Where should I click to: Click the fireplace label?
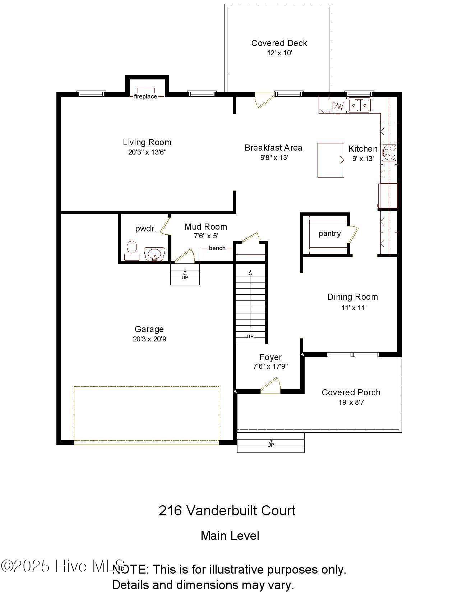click(x=145, y=96)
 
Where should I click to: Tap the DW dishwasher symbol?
click(x=338, y=106)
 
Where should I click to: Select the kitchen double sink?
click(x=359, y=105)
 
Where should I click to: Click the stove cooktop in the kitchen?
click(x=389, y=152)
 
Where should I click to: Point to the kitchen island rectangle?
click(x=330, y=160)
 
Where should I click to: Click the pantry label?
click(x=329, y=234)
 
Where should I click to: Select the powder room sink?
click(x=154, y=253)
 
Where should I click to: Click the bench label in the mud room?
click(x=217, y=248)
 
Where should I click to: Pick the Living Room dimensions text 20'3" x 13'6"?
click(x=147, y=152)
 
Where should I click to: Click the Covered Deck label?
click(x=279, y=43)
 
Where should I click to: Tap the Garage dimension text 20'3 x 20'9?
click(x=149, y=339)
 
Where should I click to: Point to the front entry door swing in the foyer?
click(x=270, y=386)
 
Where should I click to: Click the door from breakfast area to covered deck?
click(x=263, y=100)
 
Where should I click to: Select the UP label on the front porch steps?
click(x=270, y=445)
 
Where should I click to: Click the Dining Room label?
click(x=352, y=297)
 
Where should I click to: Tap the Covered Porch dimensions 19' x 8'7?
click(x=351, y=402)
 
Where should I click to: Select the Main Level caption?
click(x=230, y=535)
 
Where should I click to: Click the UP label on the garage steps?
click(x=185, y=277)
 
